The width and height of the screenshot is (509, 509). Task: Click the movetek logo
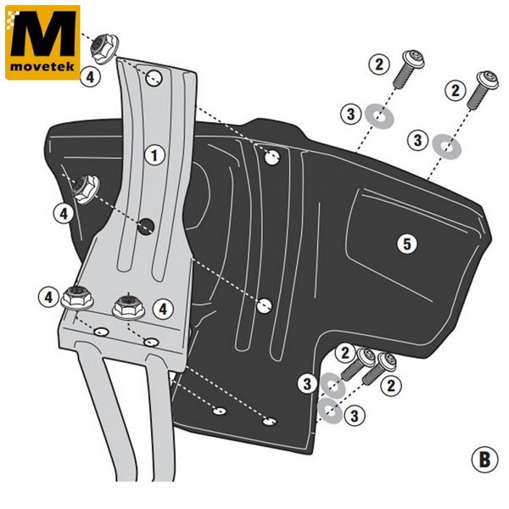coord(43,42)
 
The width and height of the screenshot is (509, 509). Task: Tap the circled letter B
coord(485,459)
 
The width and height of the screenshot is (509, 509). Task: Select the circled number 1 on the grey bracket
coord(154,155)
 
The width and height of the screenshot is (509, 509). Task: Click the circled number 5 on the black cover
coord(407,243)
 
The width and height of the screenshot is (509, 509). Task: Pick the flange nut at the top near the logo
coord(103,50)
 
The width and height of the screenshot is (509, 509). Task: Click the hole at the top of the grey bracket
coord(154,77)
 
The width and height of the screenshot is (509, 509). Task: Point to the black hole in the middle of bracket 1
coord(146,226)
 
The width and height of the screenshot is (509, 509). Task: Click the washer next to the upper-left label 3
coord(379,115)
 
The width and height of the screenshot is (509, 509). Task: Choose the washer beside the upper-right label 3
coord(447,145)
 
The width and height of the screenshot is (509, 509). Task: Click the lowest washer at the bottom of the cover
coord(330,411)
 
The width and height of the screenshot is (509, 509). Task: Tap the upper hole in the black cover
coord(271,158)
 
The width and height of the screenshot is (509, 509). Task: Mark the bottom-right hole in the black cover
coord(269,422)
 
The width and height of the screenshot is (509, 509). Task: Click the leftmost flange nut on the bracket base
coord(76,298)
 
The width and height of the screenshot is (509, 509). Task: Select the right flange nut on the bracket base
coord(129,306)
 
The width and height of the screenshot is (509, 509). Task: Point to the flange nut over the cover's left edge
coord(87,189)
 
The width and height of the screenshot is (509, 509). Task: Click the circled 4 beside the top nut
coord(90,77)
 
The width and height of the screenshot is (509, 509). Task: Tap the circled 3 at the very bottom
coord(355,416)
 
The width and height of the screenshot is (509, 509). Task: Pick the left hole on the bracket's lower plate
coord(101,332)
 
